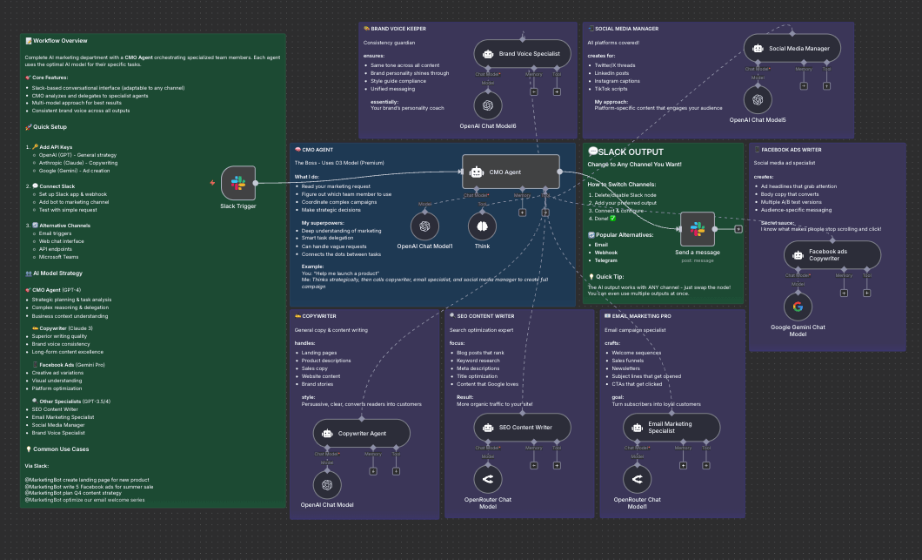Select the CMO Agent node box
510,172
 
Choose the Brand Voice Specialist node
522,54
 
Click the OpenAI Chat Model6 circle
488,106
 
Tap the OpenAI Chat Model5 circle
758,99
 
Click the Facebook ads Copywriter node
832,255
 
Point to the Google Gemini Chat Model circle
798,307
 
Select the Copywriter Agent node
361,433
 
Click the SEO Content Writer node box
523,428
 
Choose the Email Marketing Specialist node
671,428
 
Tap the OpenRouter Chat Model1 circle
638,479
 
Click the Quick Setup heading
53,127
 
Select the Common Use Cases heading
61,449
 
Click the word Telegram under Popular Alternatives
606,260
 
